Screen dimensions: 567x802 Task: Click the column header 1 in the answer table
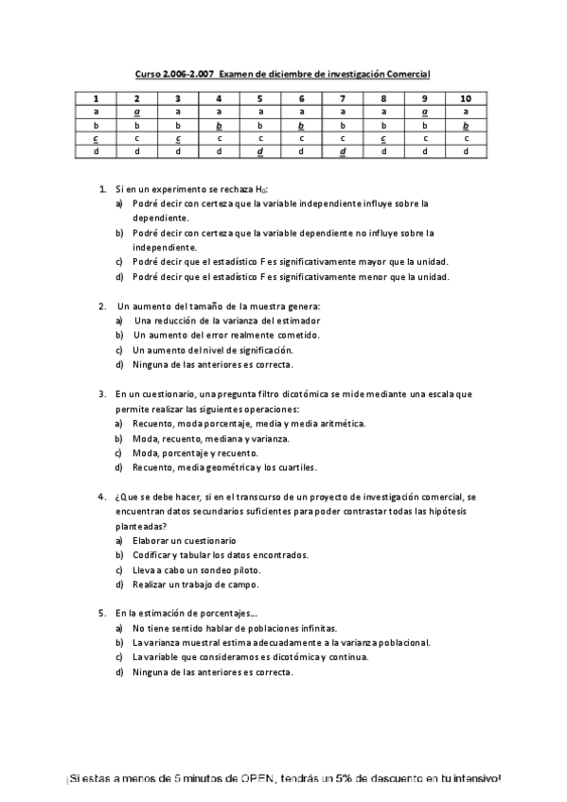click(96, 98)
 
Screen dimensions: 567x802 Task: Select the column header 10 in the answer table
click(465, 98)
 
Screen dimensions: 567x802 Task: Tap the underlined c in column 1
click(96, 137)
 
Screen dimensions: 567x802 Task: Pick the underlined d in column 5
click(260, 150)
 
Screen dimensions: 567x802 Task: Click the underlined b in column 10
click(465, 124)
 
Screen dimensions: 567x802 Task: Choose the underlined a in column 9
click(424, 111)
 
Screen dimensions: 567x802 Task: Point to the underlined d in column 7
click(343, 150)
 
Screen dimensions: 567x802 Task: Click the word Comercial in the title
click(406, 73)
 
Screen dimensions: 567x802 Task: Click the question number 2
click(102, 306)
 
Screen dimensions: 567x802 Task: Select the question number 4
click(102, 497)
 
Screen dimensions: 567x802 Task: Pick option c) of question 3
click(118, 453)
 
